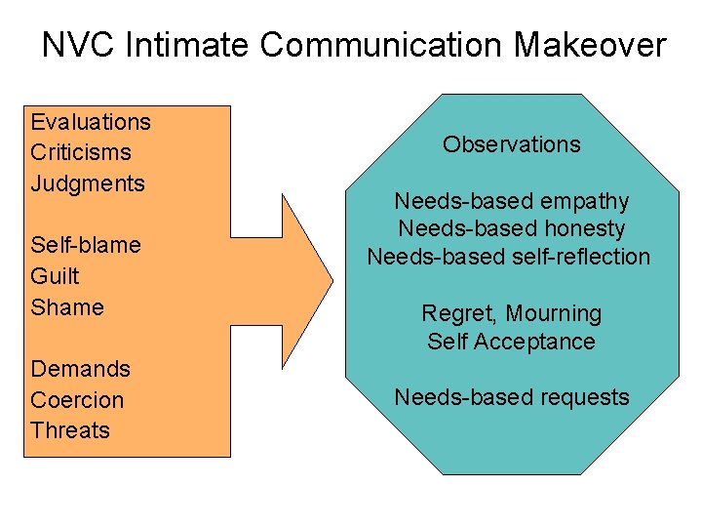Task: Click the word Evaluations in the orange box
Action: point(91,122)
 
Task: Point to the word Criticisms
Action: point(80,152)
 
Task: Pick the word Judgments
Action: point(87,183)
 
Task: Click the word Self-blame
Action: point(85,245)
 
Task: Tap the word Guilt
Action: point(55,276)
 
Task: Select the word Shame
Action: point(66,307)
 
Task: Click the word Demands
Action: point(80,369)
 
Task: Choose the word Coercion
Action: point(77,400)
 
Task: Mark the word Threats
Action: point(69,430)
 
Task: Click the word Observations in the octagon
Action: point(511,144)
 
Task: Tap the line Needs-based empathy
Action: point(511,201)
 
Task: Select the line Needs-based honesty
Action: point(511,228)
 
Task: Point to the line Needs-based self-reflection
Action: point(508,257)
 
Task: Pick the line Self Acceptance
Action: point(511,342)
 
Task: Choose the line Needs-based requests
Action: point(511,397)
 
